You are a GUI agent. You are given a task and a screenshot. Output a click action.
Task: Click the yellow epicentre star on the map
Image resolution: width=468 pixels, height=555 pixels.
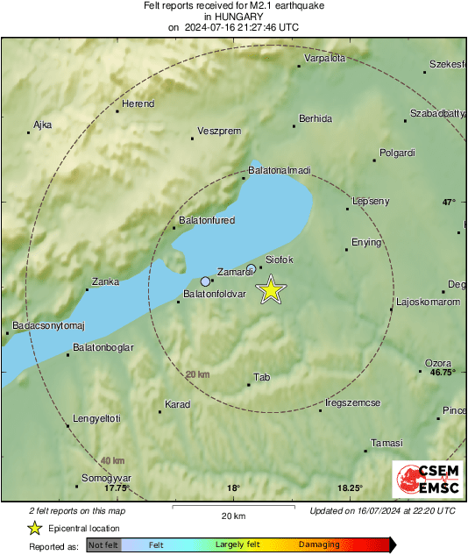272,289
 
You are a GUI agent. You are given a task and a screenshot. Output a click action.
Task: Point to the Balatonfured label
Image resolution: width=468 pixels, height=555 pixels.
207,220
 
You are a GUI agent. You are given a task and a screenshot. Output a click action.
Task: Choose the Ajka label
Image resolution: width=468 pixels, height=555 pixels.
43,125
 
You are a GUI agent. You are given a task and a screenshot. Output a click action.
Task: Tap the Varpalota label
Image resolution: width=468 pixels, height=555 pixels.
324,59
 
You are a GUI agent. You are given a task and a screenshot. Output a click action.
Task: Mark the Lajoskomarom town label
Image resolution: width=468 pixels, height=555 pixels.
428,302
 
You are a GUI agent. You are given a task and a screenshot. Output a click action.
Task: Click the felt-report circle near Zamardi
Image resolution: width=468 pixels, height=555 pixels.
206,281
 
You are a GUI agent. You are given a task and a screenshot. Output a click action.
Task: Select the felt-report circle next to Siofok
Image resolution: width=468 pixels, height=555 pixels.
252,268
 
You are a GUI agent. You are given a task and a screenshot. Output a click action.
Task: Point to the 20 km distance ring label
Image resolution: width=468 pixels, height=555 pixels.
198,374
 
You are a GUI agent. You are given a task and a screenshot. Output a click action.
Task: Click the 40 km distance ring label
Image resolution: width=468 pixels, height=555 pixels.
111,461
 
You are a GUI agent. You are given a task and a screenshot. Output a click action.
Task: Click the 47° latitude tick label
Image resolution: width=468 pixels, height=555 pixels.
449,202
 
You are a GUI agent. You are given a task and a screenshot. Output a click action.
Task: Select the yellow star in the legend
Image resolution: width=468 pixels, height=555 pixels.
34,528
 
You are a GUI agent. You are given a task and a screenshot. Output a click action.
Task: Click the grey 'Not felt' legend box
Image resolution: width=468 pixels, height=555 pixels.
103,544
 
